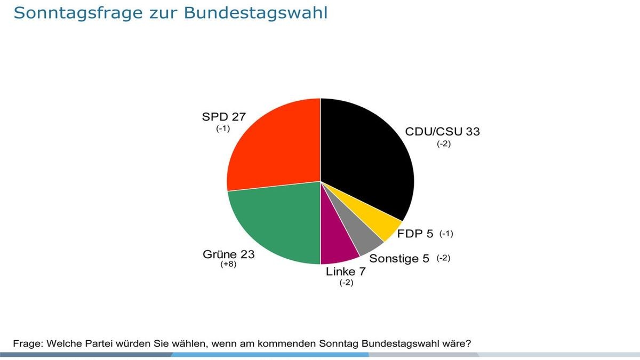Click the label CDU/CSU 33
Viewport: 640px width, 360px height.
pos(442,131)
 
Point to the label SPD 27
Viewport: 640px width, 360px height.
pos(223,117)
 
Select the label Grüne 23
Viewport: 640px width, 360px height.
pos(228,254)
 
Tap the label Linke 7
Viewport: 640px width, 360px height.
pos(346,272)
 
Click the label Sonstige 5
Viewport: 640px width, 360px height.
pos(399,259)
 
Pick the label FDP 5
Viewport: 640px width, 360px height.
pos(417,234)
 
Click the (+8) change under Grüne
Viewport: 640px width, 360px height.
pos(228,265)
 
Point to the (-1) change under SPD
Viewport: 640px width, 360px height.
pos(223,129)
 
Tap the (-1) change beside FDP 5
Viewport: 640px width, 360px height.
pos(446,234)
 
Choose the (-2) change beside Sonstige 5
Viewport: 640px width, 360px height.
pos(444,259)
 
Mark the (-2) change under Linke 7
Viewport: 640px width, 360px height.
pos(346,283)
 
